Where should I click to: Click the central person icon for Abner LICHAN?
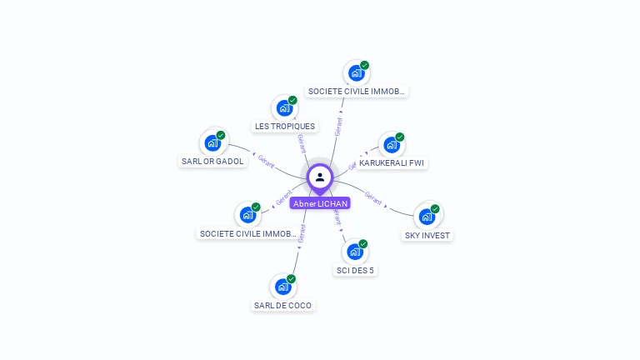coord(320,177)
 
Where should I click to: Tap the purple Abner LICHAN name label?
coord(320,203)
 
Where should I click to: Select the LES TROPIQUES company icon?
coord(284,107)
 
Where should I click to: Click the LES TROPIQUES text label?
coord(285,127)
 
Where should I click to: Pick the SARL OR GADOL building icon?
coord(212,142)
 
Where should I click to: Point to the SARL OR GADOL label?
coord(213,162)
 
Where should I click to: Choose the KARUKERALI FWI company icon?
coord(392,144)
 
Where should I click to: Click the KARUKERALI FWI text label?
coord(392,163)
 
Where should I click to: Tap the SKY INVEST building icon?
coord(427,217)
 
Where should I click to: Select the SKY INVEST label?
coord(427,236)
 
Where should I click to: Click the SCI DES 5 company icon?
coord(355,252)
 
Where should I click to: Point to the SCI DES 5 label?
coord(355,271)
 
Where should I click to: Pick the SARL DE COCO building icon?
coord(283,287)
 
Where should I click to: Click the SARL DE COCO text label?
coord(283,306)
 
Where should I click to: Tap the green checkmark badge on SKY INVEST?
coord(435,209)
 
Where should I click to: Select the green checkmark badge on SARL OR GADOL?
coord(221,135)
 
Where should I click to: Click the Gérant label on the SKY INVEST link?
coord(373,197)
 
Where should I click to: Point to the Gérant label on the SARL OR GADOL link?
coord(267,160)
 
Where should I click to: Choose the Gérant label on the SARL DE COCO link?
coord(301,234)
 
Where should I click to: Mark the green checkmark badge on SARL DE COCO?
coord(291,279)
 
